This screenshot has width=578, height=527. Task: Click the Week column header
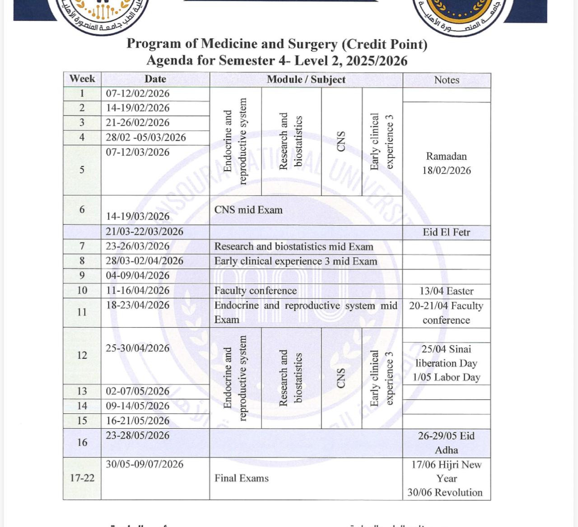coord(82,79)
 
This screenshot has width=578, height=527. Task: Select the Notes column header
coord(446,80)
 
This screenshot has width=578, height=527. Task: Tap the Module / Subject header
coord(306,79)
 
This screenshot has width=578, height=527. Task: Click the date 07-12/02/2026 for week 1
coord(138,93)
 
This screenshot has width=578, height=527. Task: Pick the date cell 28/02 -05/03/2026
coord(146,137)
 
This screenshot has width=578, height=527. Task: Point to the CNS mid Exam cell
coord(248,210)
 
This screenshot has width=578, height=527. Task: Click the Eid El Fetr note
coord(446,232)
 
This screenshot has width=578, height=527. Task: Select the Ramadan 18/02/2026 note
coord(446,163)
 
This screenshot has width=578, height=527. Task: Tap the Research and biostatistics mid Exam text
coord(294,246)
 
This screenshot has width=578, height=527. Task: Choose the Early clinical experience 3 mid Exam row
coord(295,261)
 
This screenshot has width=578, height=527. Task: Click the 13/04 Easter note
coord(446,291)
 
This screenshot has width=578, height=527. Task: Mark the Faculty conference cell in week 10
coord(255,291)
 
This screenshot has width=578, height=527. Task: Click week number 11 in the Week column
coord(82,312)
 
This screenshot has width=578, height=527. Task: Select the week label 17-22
coord(82,478)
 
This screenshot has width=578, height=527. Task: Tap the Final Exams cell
coord(241,478)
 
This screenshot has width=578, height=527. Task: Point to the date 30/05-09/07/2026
coord(144,464)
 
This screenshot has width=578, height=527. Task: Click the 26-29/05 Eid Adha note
coord(446,443)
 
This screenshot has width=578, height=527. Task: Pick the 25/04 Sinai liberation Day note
coord(446,356)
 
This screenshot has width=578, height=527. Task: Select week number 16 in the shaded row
coord(82,442)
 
